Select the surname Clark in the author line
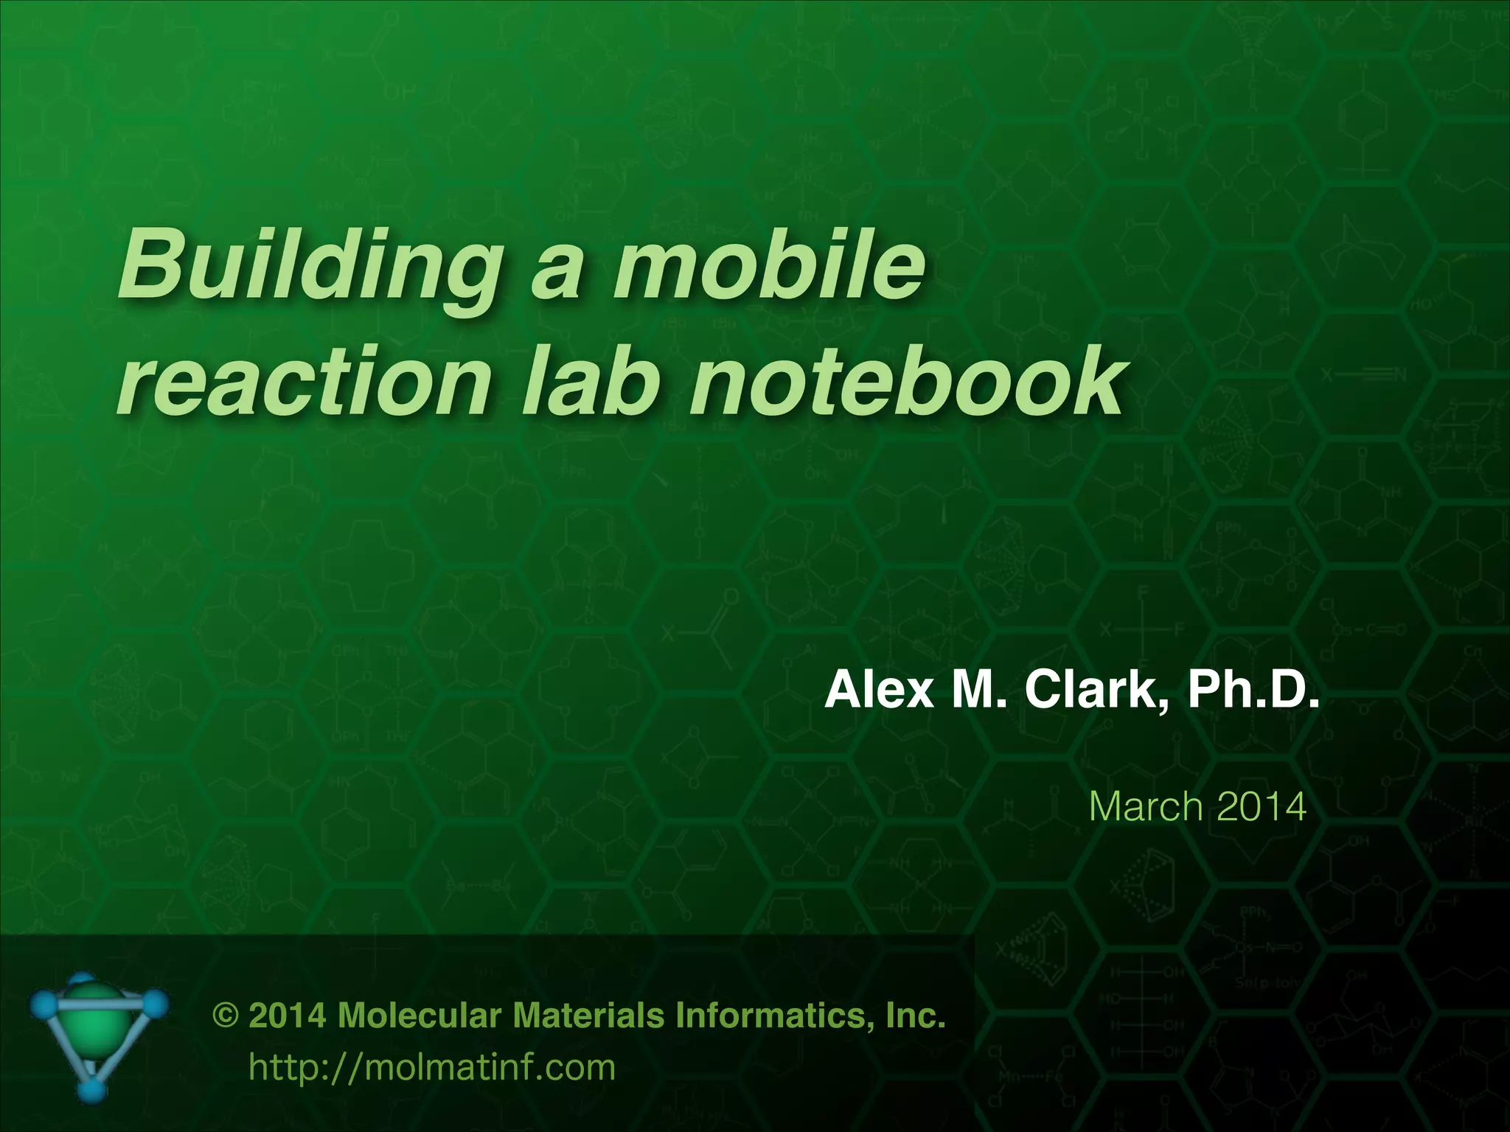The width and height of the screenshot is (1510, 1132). point(1095,691)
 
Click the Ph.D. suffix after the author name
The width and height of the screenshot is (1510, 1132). point(1253,691)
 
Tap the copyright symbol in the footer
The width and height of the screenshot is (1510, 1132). point(225,1016)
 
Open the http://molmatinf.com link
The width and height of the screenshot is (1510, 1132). point(432,1067)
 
